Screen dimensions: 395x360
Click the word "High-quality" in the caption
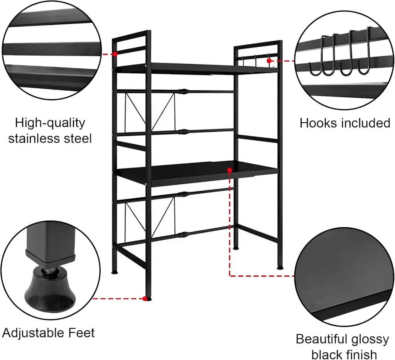pos(50,123)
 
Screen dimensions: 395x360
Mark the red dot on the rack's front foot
pos(145,299)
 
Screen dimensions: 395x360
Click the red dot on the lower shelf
pos(230,171)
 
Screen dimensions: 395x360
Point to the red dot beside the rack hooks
pos(269,61)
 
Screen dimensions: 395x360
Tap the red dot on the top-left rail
pos(115,54)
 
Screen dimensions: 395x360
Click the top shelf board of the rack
pos(196,68)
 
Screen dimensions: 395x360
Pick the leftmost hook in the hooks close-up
pos(317,56)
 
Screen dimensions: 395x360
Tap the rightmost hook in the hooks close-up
pos(366,51)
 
